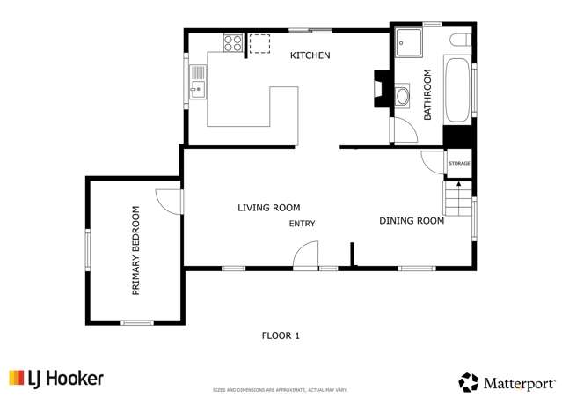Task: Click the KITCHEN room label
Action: tap(310, 55)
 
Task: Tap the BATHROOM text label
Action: tap(428, 94)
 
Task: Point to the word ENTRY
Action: tap(302, 224)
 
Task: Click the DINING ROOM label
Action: tap(411, 221)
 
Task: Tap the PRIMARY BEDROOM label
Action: tap(136, 250)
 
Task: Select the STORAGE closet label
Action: tap(459, 164)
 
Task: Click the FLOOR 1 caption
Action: tap(281, 335)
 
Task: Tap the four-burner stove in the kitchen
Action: tap(233, 43)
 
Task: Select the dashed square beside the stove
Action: tap(259, 44)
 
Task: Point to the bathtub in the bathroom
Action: tap(457, 91)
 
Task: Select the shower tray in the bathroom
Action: tap(409, 41)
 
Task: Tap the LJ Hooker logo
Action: tap(56, 379)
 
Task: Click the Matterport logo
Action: tap(507, 383)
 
